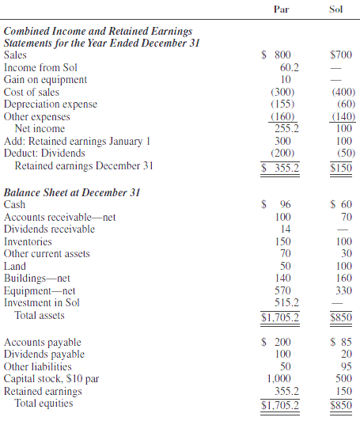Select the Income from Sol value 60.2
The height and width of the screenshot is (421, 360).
click(x=285, y=68)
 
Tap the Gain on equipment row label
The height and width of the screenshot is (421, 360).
click(x=45, y=80)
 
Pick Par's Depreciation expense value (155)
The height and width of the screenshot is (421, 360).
click(x=285, y=104)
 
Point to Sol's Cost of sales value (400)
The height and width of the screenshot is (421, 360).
click(x=341, y=92)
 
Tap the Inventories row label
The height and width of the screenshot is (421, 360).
click(x=28, y=241)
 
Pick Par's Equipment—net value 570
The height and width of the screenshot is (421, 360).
click(x=285, y=290)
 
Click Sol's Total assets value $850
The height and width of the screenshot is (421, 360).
click(x=341, y=317)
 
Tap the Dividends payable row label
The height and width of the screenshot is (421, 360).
click(x=44, y=355)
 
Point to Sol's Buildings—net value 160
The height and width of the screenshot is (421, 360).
click(x=343, y=279)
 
